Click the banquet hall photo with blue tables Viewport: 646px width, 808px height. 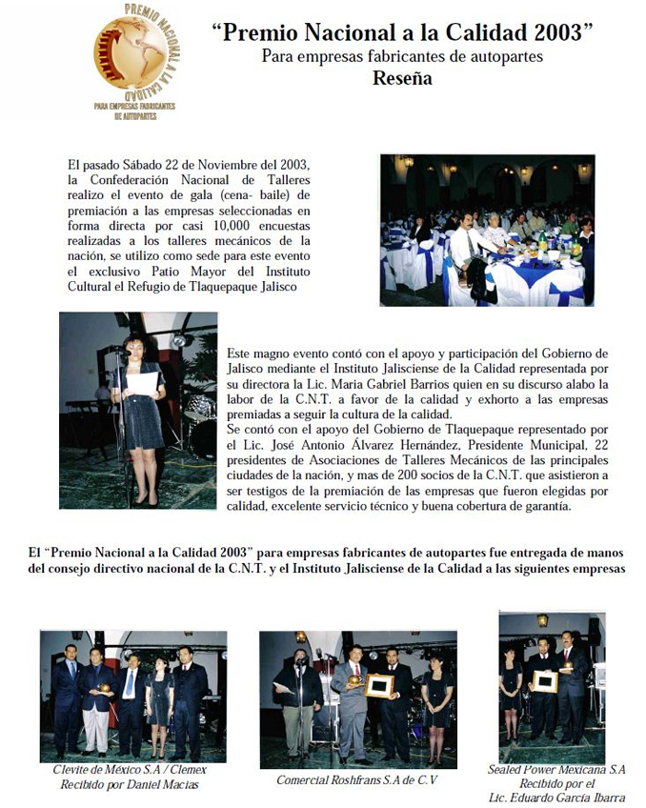pos(487,230)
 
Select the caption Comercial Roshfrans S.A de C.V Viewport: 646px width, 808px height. pos(357,779)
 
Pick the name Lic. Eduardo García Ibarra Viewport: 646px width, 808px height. pos(556,797)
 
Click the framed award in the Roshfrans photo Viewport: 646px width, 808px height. pos(379,686)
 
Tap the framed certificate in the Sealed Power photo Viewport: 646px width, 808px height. pos(545,680)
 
